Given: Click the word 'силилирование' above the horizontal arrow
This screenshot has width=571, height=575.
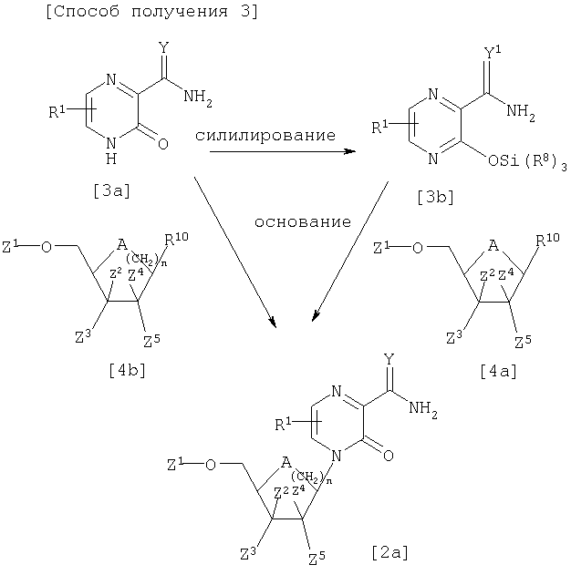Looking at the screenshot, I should click(x=264, y=135).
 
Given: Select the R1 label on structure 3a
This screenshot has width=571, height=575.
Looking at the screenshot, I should click(x=56, y=114).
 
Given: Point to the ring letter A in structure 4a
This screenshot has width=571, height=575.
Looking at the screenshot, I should click(x=493, y=245).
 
